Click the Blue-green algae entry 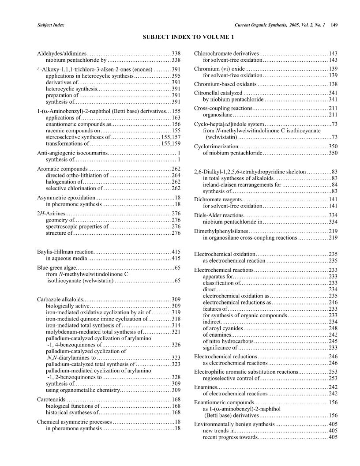(57, 267)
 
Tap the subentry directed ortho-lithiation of (77, 176)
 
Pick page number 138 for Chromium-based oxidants (333, 84)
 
